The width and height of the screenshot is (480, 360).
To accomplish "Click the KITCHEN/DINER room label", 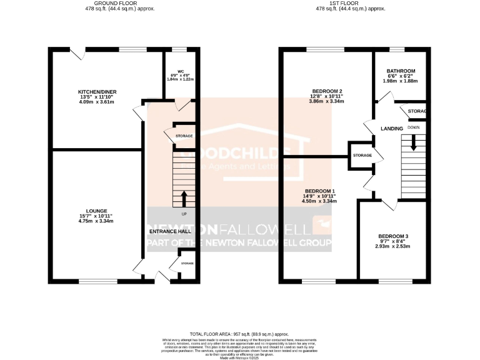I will [x=98, y=92].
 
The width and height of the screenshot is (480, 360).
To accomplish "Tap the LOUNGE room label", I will [x=98, y=211].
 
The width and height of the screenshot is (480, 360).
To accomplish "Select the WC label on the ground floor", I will [x=181, y=71].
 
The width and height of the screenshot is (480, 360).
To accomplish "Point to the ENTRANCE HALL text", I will [x=170, y=231].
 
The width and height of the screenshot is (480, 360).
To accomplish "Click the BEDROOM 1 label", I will [x=320, y=191].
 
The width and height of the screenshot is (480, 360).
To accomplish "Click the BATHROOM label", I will [x=401, y=71].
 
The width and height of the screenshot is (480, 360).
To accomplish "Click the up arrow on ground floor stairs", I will [x=184, y=198].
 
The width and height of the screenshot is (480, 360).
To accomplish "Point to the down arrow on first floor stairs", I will [x=413, y=143].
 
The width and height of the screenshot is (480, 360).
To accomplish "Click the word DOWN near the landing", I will [x=414, y=127].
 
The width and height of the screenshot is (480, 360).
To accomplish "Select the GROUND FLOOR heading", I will [x=120, y=3].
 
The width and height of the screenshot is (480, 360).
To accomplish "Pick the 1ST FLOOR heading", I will [x=351, y=3].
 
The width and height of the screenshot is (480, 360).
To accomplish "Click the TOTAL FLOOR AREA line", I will [x=239, y=334].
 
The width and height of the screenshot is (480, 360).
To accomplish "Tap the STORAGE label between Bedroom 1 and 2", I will [x=362, y=155].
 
